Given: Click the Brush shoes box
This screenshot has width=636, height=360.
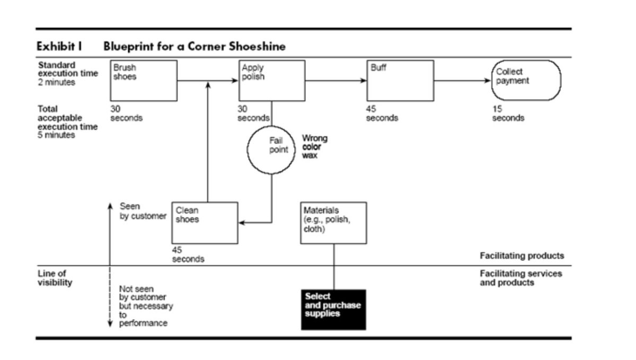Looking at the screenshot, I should point(144,81).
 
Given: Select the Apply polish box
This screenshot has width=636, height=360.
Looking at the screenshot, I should point(272,81).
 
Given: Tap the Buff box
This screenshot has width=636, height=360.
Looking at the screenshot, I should point(400,81).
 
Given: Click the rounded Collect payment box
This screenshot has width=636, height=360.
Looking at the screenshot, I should point(526,80).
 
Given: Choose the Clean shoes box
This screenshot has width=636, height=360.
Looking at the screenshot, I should point(205,223).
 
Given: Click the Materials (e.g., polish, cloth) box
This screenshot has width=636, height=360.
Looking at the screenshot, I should point(333,223).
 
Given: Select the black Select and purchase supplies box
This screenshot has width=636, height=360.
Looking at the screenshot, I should point(333,309).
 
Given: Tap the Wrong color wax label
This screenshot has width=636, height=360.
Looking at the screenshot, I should point(314,147).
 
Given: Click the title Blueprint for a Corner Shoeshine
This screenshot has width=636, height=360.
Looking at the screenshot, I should point(195,47).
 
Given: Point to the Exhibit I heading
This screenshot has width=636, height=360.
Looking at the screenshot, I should point(59,47).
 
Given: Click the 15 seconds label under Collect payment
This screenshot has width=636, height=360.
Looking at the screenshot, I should point(508,113).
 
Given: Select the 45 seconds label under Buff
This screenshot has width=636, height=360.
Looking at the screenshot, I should point(382,113).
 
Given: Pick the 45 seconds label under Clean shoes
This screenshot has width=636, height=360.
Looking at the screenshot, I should point(188,254).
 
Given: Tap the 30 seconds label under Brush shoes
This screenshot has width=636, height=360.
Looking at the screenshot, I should point(126,113).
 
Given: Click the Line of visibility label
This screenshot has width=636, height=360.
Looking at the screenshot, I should point(55,278).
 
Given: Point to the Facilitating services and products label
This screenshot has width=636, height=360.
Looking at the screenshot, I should point(520,278).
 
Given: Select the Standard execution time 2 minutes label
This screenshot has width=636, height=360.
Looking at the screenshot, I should point(67,74).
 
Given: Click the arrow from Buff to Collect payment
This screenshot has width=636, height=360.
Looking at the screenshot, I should point(462,81).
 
